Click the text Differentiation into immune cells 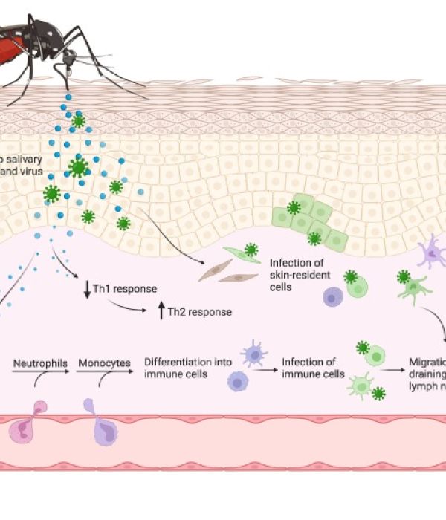tap(188, 368)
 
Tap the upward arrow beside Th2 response tap(161, 311)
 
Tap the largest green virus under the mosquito tap(77, 167)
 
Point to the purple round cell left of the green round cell tap(332, 296)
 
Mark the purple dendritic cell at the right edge tap(432, 253)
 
